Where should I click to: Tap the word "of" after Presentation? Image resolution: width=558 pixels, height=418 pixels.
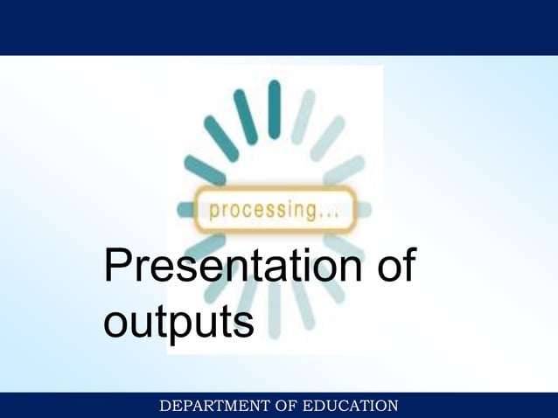[x=394, y=267]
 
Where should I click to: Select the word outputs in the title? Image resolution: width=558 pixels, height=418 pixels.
[x=178, y=321]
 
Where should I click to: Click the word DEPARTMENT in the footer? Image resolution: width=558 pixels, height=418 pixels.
[x=208, y=405]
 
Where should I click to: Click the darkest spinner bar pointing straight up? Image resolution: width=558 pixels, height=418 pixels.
[x=274, y=109]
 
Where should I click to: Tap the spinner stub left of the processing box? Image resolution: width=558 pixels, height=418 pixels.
[x=185, y=210]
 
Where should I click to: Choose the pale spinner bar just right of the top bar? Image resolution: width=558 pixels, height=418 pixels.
[x=303, y=116]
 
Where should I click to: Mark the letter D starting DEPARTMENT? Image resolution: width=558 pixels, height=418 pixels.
[x=164, y=405]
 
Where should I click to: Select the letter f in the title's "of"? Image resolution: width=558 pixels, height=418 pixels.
[x=407, y=266]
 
